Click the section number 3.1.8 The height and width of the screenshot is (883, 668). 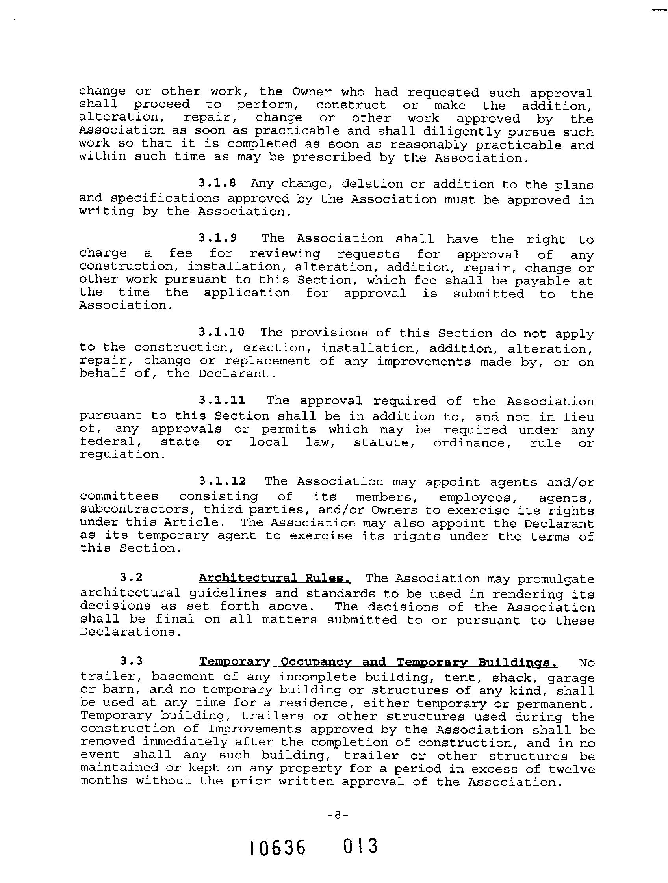click(x=217, y=183)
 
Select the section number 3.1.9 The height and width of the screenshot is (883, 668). click(x=217, y=238)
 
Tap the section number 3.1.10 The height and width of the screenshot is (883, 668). click(x=221, y=332)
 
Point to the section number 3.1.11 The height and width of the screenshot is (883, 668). click(x=222, y=400)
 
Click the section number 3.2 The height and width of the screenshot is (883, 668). click(x=131, y=578)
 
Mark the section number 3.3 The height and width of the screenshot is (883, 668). click(x=131, y=661)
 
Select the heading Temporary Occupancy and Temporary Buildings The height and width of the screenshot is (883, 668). click(x=378, y=662)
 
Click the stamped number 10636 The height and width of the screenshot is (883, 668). click(x=277, y=848)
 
